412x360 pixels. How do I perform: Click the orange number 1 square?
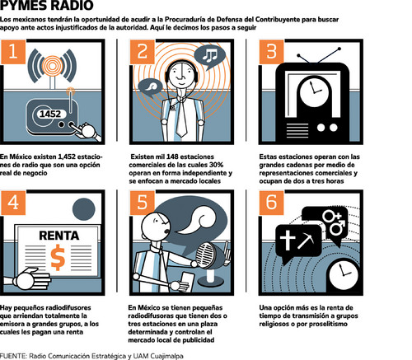tap(13, 52)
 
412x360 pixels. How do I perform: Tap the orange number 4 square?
tap(13, 203)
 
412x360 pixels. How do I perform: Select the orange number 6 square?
tap(271, 203)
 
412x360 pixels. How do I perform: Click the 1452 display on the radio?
tap(50, 114)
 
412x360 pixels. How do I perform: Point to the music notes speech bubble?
tap(210, 56)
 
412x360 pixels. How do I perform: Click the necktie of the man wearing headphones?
tap(181, 118)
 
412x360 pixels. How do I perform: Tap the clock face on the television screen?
tap(315, 91)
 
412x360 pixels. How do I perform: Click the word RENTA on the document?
tap(59, 236)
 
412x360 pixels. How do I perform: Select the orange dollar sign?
tap(58, 258)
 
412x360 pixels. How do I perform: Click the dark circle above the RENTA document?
tap(84, 209)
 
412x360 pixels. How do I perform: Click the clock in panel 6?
tap(344, 274)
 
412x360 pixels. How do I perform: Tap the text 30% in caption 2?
tap(217, 165)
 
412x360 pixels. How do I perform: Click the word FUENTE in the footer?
tap(13, 356)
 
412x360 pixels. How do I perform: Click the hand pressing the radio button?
tap(87, 132)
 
